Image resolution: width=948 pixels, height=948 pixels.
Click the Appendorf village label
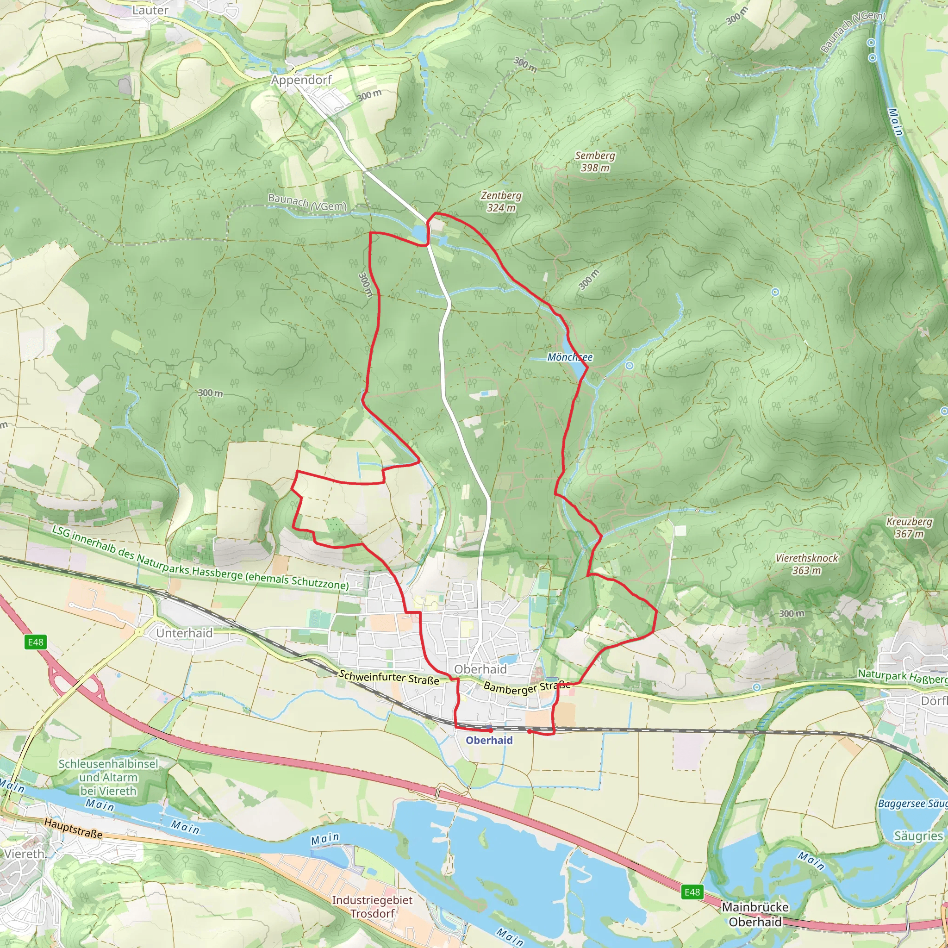[x=301, y=80]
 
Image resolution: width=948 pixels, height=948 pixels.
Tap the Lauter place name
[x=150, y=10]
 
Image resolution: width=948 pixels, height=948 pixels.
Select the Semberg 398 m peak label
[x=595, y=162]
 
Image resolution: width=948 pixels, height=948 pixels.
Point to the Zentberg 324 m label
[x=501, y=202]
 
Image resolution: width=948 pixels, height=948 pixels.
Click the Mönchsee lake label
[x=570, y=357]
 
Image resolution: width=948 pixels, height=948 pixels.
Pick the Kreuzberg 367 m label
[x=909, y=528]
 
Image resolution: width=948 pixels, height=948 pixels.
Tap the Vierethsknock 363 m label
[x=807, y=564]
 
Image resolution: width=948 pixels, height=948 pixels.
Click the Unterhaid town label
[x=184, y=633]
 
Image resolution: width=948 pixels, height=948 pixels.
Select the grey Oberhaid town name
[x=480, y=669]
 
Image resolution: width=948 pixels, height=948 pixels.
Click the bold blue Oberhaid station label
[x=489, y=741]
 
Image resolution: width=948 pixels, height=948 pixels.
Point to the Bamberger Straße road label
[x=526, y=687]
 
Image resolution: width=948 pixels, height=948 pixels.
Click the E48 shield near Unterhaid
[x=35, y=642]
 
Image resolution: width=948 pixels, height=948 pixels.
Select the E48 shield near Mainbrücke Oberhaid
[x=692, y=892]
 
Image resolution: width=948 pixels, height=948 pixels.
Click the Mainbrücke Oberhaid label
[x=755, y=914]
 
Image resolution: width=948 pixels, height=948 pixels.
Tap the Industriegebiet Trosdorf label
[x=372, y=906]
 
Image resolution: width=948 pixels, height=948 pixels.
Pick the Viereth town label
[x=24, y=854]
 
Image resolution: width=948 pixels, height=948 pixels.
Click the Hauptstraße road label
[x=74, y=828]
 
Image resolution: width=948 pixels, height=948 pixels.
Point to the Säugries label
[x=918, y=836]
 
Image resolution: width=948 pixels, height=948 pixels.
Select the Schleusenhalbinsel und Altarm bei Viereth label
[x=108, y=777]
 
